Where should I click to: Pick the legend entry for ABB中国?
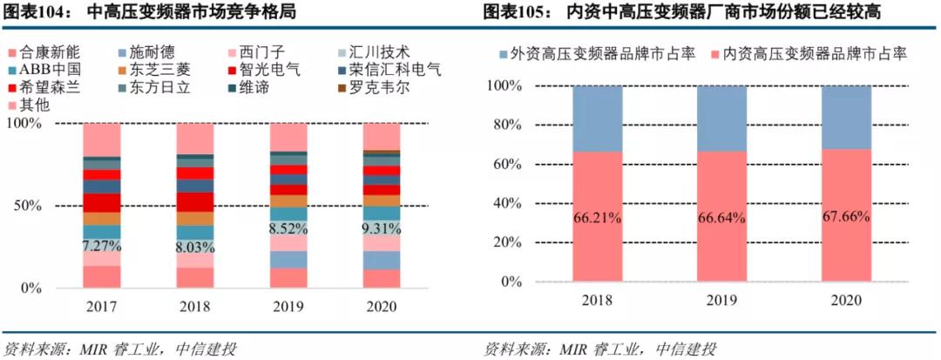click(43, 70)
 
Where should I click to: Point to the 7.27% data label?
click(102, 247)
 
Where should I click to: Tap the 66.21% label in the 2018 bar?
click(598, 218)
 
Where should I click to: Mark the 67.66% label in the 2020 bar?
click(846, 216)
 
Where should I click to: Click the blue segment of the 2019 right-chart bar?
click(721, 119)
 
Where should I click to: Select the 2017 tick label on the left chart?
click(102, 307)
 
